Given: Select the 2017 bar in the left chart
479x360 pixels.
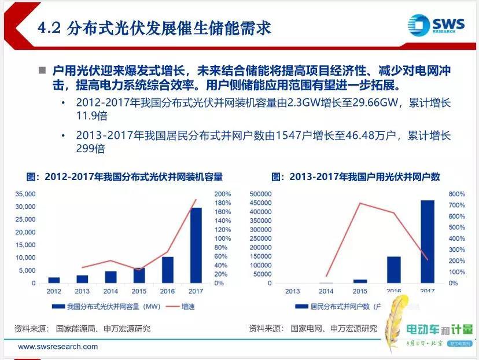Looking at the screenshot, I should [196, 245].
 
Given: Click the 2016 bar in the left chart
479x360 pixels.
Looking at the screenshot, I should [168, 270].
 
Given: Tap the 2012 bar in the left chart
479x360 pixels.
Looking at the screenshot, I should [54, 280].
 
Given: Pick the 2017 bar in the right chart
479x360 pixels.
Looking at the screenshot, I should [427, 242].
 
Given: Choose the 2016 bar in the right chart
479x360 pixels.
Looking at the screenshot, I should [394, 270].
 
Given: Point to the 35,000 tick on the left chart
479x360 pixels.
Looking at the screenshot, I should [26, 194].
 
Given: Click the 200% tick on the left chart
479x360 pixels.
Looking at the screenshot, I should [223, 194].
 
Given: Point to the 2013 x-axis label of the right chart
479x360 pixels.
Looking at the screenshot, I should [292, 291].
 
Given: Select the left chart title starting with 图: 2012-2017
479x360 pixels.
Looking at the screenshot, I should [124, 177].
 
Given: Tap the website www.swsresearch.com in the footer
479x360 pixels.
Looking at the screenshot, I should [58, 347].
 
